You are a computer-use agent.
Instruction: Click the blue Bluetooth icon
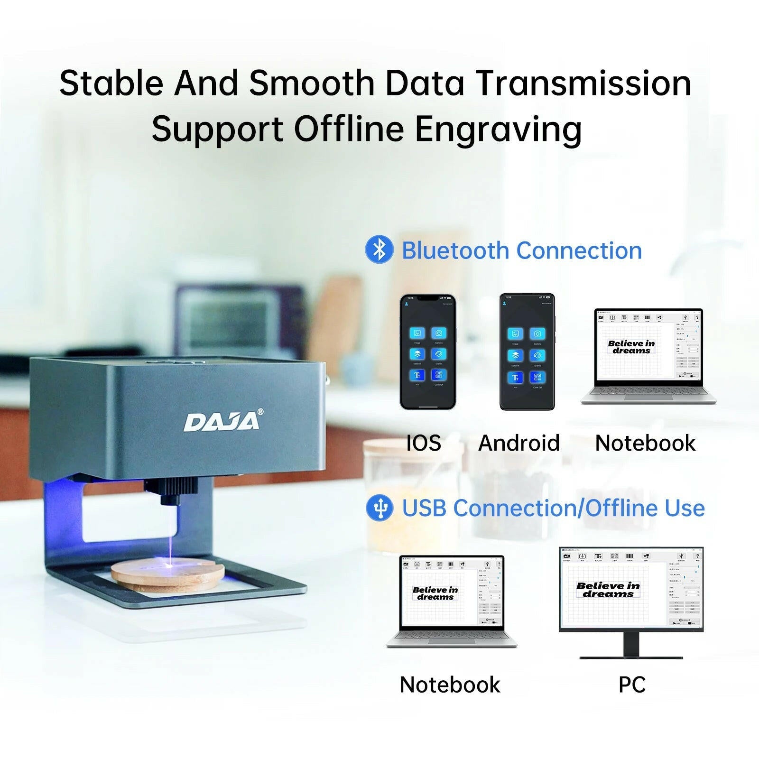pyautogui.click(x=379, y=250)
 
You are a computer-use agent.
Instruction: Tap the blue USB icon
pyautogui.click(x=379, y=508)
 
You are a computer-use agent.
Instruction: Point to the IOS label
pyautogui.click(x=424, y=443)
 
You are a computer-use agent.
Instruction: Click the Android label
pyautogui.click(x=519, y=443)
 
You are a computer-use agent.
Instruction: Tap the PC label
pyautogui.click(x=632, y=685)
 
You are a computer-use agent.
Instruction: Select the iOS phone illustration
pyautogui.click(x=427, y=352)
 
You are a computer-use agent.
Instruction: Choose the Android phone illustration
pyautogui.click(x=527, y=352)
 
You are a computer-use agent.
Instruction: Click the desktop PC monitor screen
pyautogui.click(x=631, y=588)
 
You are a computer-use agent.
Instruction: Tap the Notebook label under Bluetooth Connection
pyautogui.click(x=645, y=443)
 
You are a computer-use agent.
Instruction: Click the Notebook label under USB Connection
pyautogui.click(x=450, y=685)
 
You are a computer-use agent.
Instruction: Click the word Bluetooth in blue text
pyautogui.click(x=455, y=250)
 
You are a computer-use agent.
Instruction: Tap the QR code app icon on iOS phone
pyautogui.click(x=438, y=375)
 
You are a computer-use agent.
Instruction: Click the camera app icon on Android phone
pyautogui.click(x=537, y=333)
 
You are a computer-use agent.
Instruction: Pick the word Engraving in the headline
pyautogui.click(x=498, y=129)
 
